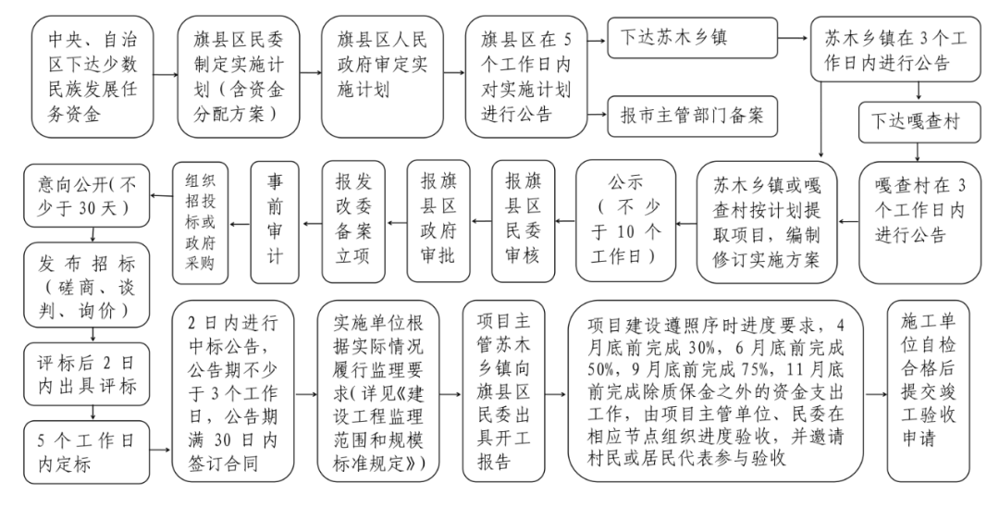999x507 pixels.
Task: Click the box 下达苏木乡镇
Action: pos(692,38)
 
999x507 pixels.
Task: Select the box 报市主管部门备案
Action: pos(692,116)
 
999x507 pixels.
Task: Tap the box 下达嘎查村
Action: pos(918,121)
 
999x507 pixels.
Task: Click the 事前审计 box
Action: pos(275,222)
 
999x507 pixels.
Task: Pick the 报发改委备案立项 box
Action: pos(353,221)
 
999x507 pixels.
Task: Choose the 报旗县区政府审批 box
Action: pos(438,221)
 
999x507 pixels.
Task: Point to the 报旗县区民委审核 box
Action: pos(523,221)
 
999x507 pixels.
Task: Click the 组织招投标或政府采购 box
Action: pos(200,223)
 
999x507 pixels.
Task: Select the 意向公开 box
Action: pos(87,196)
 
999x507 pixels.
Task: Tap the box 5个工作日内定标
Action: pos(87,451)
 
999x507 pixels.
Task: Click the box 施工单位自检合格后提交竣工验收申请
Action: pos(929,391)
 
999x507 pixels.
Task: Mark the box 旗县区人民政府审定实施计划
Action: pos(382,77)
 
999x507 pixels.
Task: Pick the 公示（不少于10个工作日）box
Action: pos(625,221)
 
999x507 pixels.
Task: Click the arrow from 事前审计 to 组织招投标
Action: pos(240,224)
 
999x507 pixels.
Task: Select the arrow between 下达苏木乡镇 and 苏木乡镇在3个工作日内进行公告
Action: pos(794,38)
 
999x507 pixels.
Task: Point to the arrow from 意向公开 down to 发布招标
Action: pos(93,235)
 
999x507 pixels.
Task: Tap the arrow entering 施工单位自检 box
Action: pos(876,394)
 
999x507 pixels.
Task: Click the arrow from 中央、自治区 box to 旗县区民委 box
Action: pos(166,75)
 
